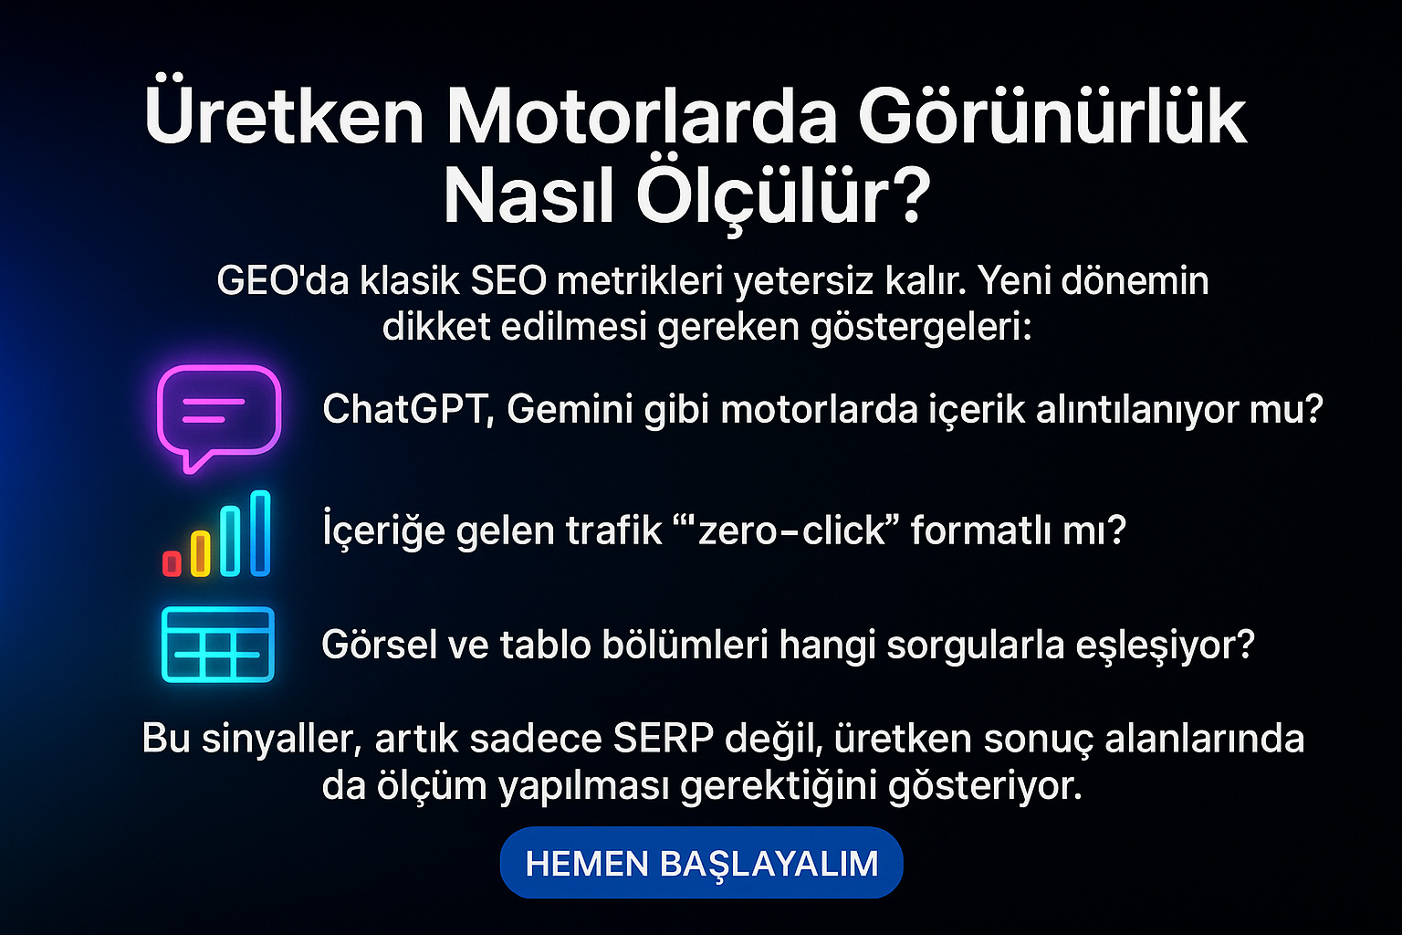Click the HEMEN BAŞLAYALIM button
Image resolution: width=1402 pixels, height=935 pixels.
701,862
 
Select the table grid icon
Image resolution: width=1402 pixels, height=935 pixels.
218,645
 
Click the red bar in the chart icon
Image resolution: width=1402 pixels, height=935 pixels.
173,563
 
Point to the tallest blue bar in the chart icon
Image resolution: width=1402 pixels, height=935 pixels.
260,533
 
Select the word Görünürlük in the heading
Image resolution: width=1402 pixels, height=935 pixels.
1052,117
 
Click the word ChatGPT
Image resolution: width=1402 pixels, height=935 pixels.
408,410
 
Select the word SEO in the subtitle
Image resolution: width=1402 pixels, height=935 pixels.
508,280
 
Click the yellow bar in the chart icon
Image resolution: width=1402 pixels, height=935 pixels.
200,553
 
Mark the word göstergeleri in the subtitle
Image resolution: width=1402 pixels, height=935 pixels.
921,328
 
